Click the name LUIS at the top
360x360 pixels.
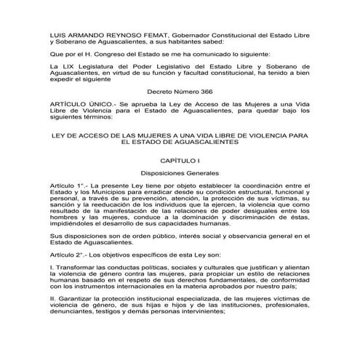pyautogui.click(x=57, y=35)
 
